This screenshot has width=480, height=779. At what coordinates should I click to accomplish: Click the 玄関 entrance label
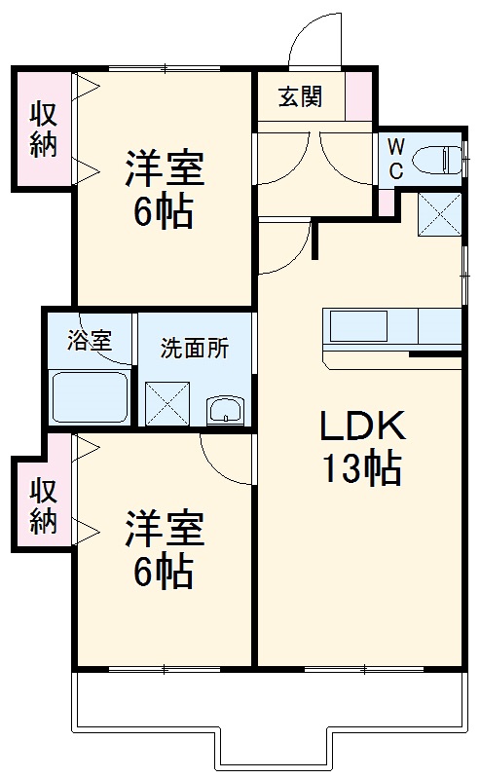pyautogui.click(x=299, y=97)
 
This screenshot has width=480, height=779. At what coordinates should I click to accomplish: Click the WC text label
pyautogui.click(x=396, y=158)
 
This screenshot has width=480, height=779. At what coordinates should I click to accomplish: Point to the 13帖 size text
pyautogui.click(x=361, y=470)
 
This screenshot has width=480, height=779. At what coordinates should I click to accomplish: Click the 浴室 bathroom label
pyautogui.click(x=89, y=341)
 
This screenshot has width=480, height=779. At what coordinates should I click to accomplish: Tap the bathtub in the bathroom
pyautogui.click(x=89, y=396)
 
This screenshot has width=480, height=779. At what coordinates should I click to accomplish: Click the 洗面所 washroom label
pyautogui.click(x=195, y=348)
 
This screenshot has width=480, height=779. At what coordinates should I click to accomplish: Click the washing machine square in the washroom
pyautogui.click(x=167, y=401)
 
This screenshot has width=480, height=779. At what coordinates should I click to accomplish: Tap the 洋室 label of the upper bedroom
pyautogui.click(x=164, y=167)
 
